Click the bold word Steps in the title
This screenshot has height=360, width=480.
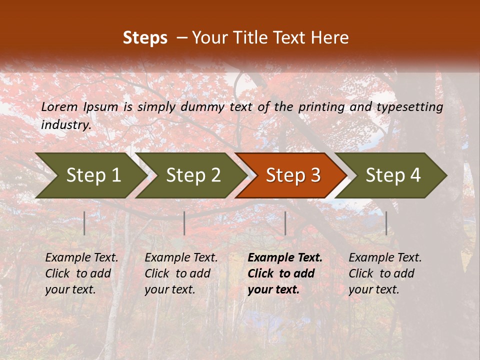tap(145, 38)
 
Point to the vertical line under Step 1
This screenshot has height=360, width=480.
tap(84, 223)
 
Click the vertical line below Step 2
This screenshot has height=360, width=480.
tap(184, 223)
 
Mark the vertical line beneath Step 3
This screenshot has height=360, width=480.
tap(285, 223)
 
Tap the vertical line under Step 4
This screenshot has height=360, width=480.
tap(386, 223)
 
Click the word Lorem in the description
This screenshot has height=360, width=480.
tap(59, 106)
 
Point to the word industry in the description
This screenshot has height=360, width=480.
tap(66, 124)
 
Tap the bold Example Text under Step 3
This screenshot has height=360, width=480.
tap(285, 257)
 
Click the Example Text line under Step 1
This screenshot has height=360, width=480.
tap(81, 257)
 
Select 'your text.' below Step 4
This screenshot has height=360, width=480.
tap(373, 289)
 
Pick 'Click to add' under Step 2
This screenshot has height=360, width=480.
tap(177, 273)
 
